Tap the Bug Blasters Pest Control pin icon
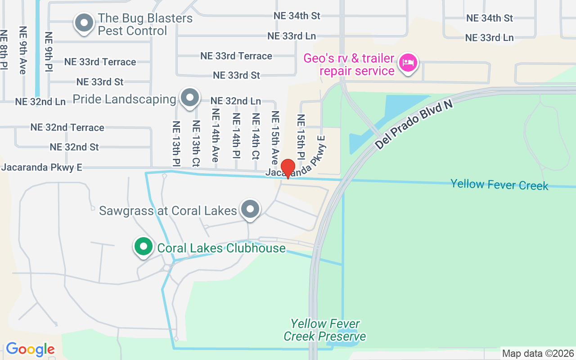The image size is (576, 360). [x=83, y=23]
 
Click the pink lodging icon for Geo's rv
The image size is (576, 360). [x=408, y=63]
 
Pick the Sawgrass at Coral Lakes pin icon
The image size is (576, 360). [x=250, y=209]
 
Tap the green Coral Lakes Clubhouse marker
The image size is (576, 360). [x=143, y=247]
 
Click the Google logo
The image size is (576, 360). [x=30, y=349]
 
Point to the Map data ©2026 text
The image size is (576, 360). [x=538, y=354]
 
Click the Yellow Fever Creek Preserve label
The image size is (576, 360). [x=324, y=330]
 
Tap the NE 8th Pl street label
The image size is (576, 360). [x=4, y=50]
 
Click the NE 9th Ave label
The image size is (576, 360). [x=23, y=50]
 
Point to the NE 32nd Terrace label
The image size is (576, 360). [x=67, y=127]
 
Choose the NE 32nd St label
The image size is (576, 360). [x=74, y=147]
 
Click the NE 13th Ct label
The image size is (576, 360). [x=196, y=143]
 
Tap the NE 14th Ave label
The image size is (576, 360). [x=215, y=135]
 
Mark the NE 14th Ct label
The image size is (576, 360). [x=256, y=136]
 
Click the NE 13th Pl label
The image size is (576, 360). [x=176, y=144]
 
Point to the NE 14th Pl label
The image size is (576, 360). [x=236, y=136]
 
